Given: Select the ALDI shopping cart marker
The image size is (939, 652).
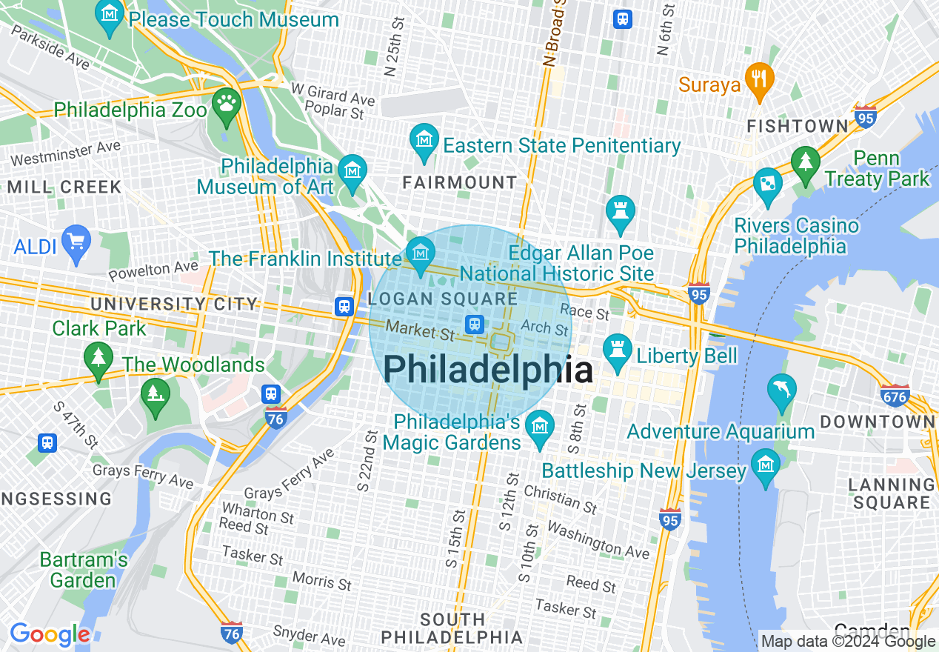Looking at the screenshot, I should tap(76, 242).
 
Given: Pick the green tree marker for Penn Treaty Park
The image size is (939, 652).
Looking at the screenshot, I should tap(806, 162).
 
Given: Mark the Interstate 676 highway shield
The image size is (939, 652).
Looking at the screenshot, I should tap(895, 396).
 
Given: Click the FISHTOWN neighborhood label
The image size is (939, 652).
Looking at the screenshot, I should tap(797, 127).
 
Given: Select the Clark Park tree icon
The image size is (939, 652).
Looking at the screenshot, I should tap(98, 358).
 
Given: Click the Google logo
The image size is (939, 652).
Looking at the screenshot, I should tap(50, 634).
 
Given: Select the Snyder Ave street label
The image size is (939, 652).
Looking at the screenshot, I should tap(309, 635).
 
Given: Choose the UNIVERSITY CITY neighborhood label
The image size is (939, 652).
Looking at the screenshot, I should tap(174, 304).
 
